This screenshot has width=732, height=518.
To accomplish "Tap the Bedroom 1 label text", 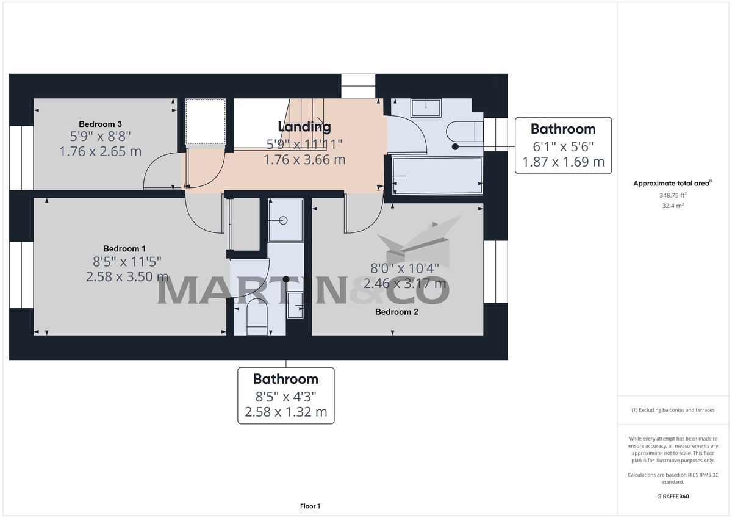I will pos(124,248).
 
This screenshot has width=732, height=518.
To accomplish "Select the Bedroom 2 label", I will pos(396,312).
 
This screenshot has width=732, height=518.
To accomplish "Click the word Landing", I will pos(304,127).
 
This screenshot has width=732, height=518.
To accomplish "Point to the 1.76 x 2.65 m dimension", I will pos(100,151).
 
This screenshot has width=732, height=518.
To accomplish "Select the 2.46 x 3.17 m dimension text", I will pos(404,283).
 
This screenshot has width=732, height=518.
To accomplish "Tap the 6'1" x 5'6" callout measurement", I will pos(562,146).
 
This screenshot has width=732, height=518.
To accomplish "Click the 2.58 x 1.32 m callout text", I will pos(285,412).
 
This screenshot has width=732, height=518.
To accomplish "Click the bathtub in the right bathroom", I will pos(437,176).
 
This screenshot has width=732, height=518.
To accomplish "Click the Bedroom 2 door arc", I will pos(362,217).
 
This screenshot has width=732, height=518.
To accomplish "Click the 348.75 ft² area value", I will pos(673,195).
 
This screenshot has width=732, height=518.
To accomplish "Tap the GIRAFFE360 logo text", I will pos(673,497).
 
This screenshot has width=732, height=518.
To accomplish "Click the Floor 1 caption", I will pos(310,506).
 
